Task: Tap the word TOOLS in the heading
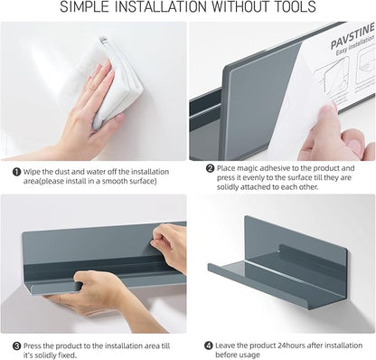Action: click(290, 9)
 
